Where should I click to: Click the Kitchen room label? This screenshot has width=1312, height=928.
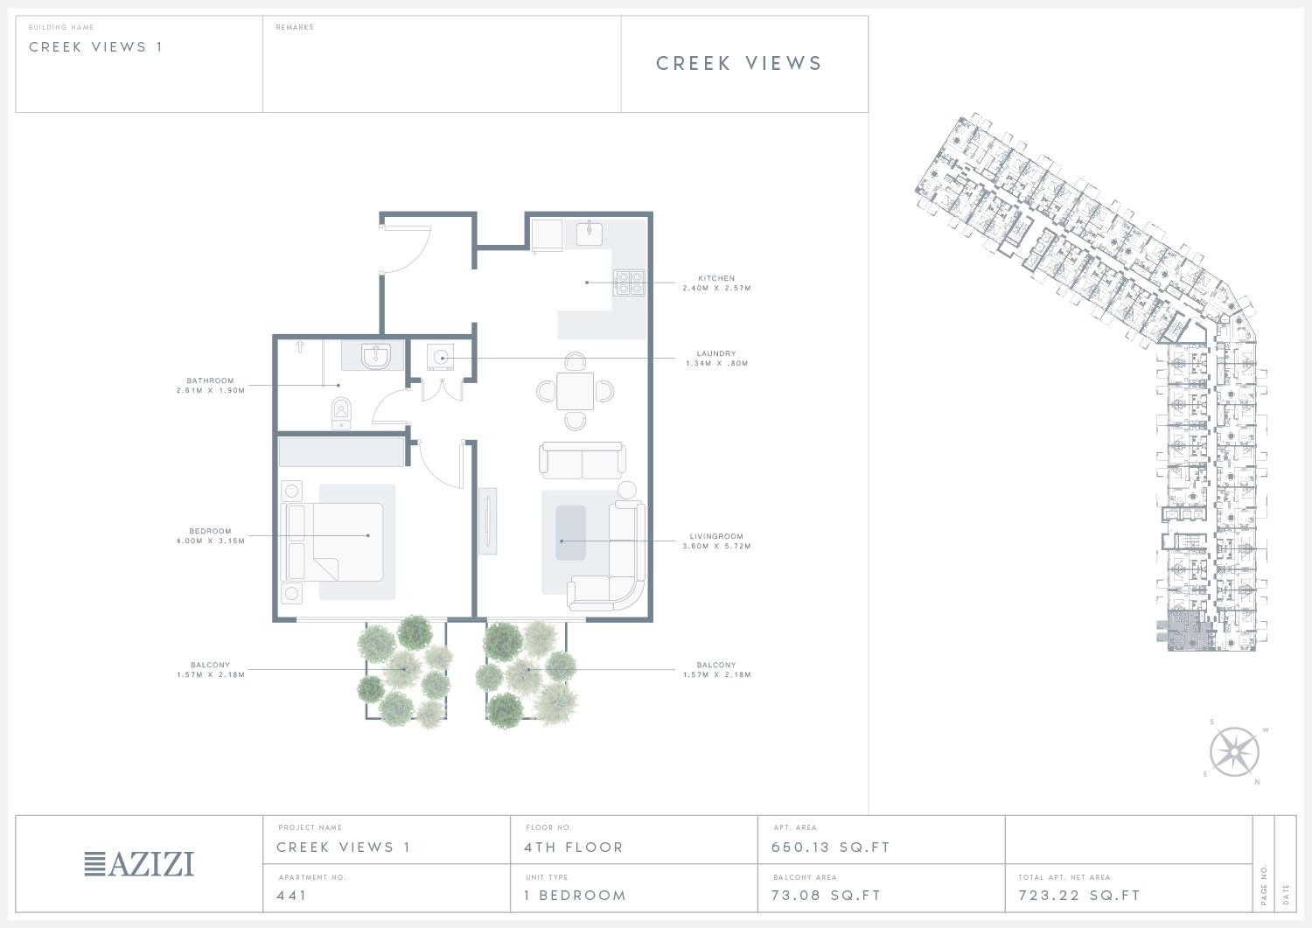tap(715, 278)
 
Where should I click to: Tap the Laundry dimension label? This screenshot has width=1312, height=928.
tap(716, 363)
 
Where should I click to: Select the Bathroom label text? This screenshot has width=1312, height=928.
tap(210, 380)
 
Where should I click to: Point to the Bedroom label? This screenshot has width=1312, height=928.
tap(210, 532)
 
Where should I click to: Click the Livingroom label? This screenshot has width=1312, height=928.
tap(716, 536)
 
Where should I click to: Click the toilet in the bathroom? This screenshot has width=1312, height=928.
tap(341, 414)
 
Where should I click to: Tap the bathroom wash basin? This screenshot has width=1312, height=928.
tap(375, 356)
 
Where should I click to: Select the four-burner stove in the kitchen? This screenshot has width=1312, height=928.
tap(629, 283)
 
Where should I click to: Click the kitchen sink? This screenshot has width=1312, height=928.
tap(590, 233)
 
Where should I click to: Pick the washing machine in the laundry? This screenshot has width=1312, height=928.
tap(441, 357)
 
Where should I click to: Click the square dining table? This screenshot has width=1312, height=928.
tap(575, 391)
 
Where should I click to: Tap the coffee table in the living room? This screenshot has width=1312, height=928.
tap(570, 533)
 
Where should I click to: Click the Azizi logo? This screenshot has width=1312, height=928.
tap(139, 864)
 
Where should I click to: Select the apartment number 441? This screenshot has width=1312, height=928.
tap(291, 896)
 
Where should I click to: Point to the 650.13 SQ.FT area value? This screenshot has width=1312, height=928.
tap(831, 848)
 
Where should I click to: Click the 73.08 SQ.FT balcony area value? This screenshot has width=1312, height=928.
tap(826, 896)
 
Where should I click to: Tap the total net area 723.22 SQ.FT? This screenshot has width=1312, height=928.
tap(1078, 896)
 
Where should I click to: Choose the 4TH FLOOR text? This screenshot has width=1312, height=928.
tap(574, 848)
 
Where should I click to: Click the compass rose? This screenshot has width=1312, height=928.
tap(1234, 752)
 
